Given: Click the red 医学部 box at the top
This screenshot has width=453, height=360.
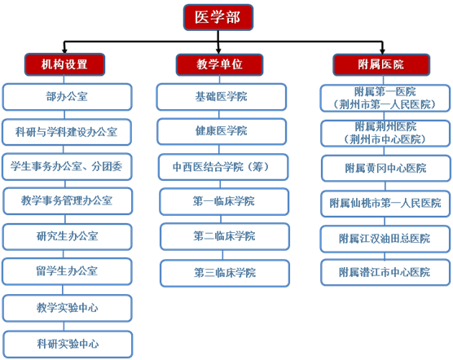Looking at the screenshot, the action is [218, 17].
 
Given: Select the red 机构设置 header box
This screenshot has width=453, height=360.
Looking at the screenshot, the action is [64, 64].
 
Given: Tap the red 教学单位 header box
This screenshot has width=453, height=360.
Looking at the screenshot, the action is [219, 64].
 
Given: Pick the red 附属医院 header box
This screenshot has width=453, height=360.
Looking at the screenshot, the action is [381, 64].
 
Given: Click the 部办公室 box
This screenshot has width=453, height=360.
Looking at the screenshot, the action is [67, 97].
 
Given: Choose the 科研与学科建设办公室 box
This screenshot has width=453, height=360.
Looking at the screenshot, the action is [67, 132].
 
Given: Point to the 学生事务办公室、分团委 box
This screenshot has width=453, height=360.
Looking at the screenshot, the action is [67, 167].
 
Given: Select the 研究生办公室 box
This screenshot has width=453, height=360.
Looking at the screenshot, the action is [68, 237].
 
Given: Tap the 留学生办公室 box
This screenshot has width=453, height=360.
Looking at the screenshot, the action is [67, 271].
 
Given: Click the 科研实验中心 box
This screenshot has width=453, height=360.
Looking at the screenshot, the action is [68, 345].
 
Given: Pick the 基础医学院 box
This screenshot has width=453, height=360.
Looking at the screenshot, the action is [222, 97].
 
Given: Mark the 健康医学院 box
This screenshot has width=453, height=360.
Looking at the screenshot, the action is [222, 131].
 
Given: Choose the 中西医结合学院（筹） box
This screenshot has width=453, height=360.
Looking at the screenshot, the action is [223, 167].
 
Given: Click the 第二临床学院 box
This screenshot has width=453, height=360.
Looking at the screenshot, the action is [225, 236].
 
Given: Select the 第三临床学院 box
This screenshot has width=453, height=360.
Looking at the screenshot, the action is [225, 273].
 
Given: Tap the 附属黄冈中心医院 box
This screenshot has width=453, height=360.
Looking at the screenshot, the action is [386, 169].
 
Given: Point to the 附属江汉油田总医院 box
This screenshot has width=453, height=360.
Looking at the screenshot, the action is [385, 239].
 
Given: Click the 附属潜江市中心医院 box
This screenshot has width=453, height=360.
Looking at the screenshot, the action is [385, 272].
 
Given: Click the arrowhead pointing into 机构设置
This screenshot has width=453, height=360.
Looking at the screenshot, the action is [64, 51].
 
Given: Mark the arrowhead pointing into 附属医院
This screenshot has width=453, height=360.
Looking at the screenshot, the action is [382, 51].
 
